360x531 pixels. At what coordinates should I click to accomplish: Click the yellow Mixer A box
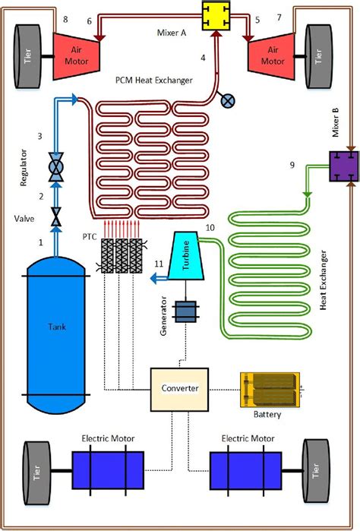217,16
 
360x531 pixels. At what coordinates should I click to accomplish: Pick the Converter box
179,388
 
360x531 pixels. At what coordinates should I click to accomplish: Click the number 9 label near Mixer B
292,164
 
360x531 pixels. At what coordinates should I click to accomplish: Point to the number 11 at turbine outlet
159,263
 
